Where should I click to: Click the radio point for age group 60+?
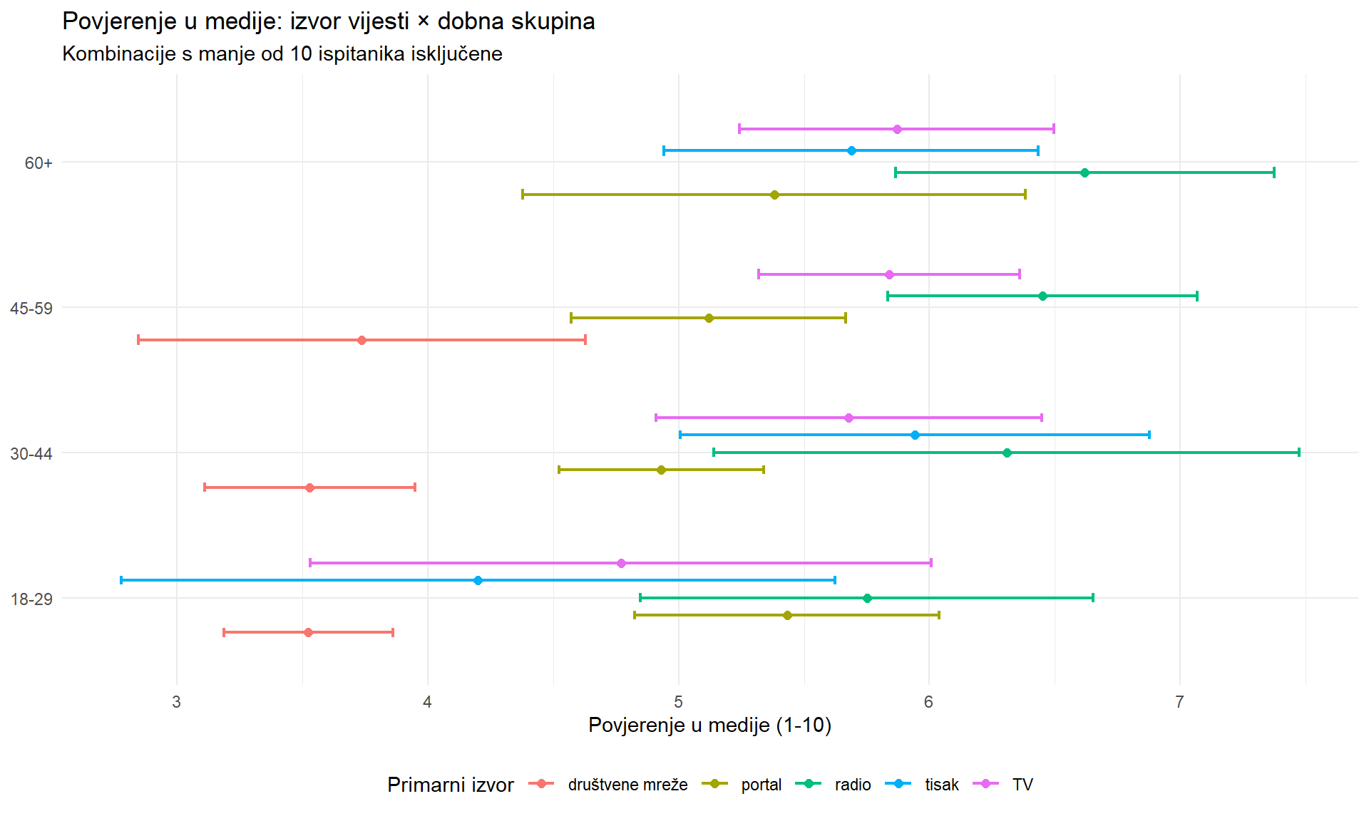[1085, 172]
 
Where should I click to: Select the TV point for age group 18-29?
[621, 563]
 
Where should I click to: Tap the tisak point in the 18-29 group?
[478, 580]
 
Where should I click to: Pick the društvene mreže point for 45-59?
[362, 340]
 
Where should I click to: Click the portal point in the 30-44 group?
[661, 470]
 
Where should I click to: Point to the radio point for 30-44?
[1007, 453]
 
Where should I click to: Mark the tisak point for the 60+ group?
[851, 150]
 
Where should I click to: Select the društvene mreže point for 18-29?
[308, 632]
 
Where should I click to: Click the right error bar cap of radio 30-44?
[1299, 453]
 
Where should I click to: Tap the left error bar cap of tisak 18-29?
[121, 580]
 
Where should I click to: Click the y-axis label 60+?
[39, 163]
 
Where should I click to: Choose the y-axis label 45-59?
[31, 309]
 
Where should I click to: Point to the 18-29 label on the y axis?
[31, 599]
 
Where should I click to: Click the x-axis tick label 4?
[427, 702]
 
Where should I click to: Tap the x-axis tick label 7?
[1179, 702]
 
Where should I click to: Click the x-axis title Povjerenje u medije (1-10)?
[709, 726]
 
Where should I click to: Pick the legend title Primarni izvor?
[450, 785]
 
